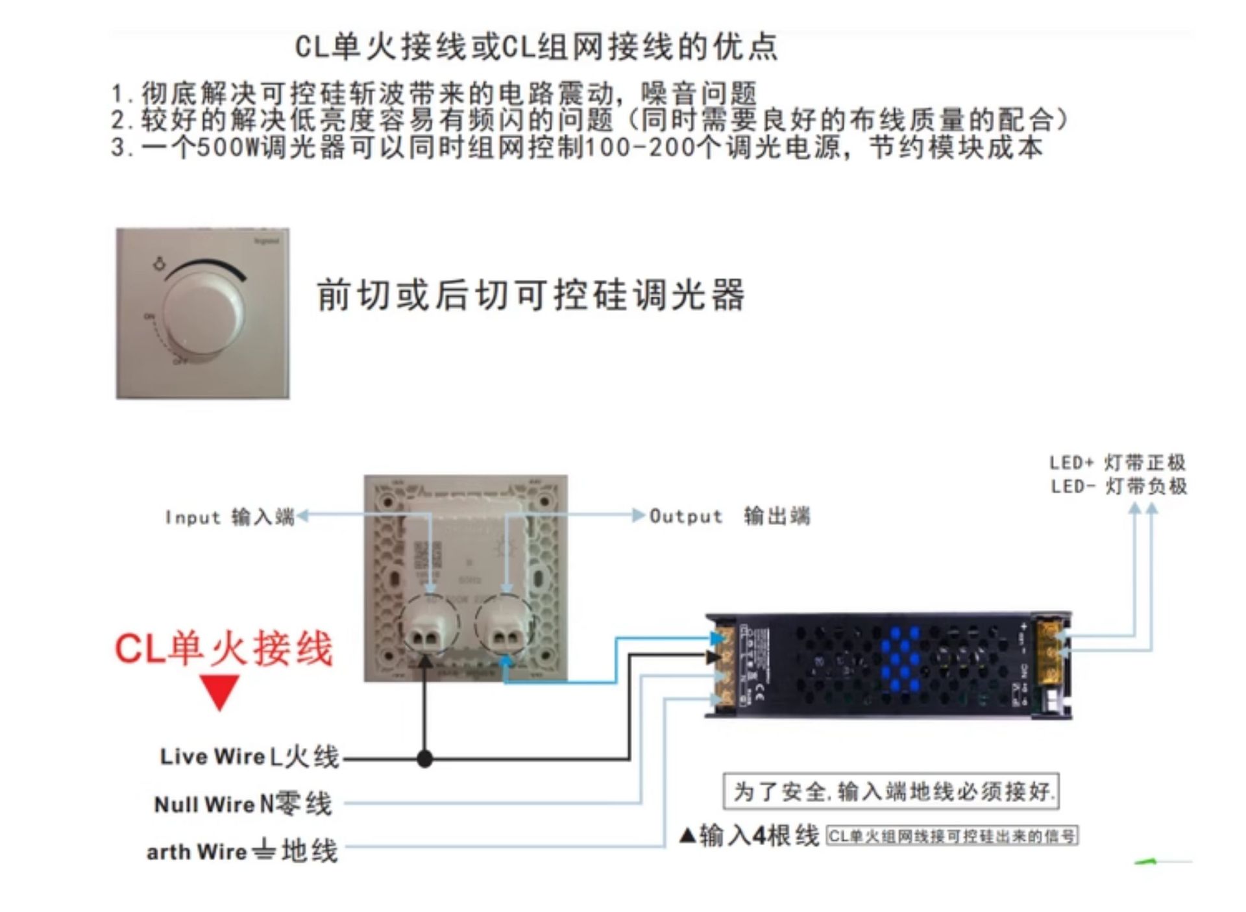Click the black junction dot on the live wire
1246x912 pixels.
(424, 758)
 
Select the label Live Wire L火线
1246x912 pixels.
(250, 757)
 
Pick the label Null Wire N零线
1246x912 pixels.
(243, 804)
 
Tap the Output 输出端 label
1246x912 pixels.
(729, 516)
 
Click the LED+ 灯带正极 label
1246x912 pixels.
(1118, 463)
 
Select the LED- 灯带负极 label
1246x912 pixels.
(1119, 486)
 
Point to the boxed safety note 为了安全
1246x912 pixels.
(891, 791)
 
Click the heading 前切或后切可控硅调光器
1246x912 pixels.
(531, 295)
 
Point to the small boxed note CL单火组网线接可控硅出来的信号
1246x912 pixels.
(952, 836)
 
